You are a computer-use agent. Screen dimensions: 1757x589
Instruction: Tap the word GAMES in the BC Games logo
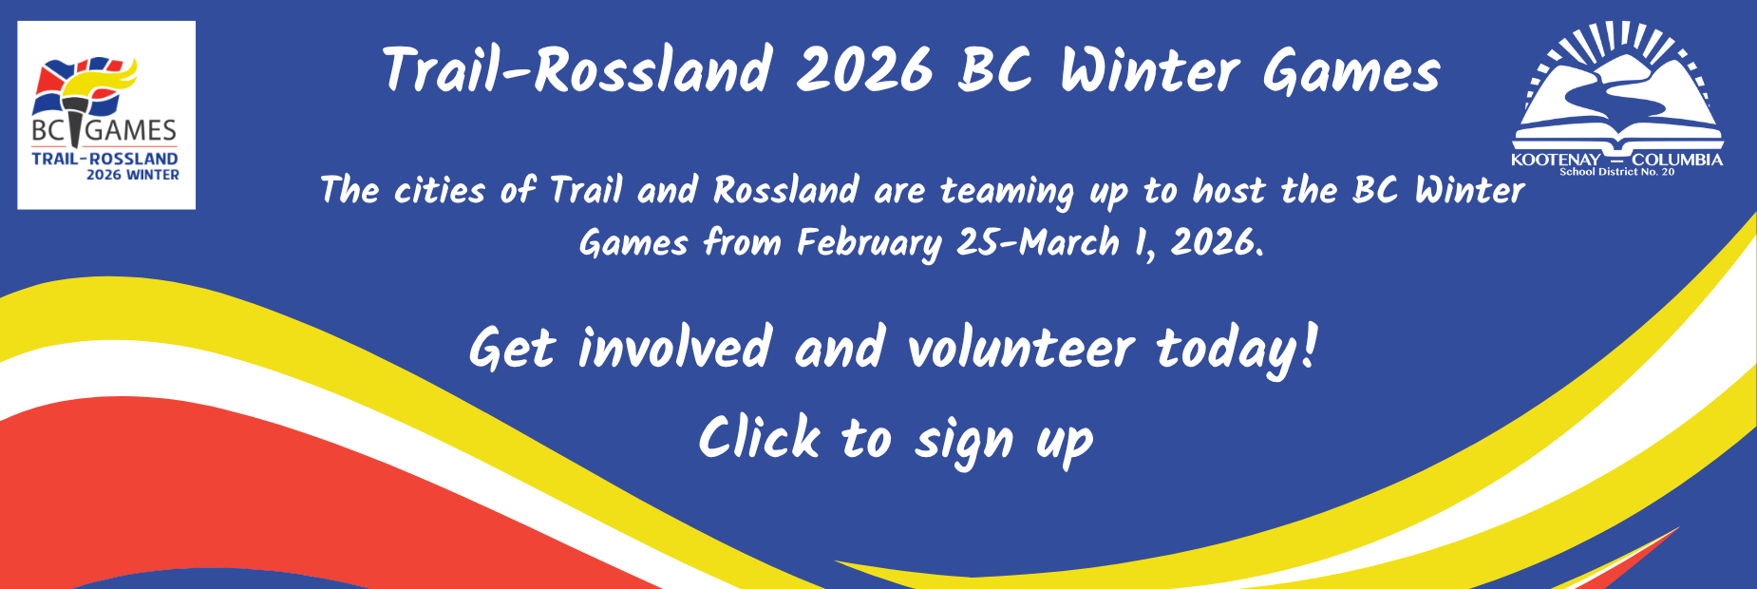pos(131,131)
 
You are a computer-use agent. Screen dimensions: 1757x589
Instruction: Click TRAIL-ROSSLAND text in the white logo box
pos(104,159)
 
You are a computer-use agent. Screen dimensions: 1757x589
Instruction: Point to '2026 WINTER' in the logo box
pos(133,175)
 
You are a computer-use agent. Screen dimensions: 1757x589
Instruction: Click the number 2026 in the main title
pos(864,71)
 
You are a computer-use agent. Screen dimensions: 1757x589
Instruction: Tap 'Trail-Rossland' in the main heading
pos(577,71)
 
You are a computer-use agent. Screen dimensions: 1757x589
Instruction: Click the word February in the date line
pos(868,244)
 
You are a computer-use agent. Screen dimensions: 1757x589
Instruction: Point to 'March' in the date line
pos(1069,242)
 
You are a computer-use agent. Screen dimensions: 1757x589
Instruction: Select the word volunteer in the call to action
pos(1021,348)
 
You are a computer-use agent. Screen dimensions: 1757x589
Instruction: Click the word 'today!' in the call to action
pos(1237,350)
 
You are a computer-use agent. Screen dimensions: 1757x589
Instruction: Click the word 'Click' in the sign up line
pos(759,438)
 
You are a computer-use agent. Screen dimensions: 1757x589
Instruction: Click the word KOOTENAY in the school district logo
pos(1556,160)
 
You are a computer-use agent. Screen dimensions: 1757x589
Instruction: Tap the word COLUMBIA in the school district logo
pos(1677,160)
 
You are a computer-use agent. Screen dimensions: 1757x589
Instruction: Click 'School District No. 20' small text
pos(1617,172)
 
